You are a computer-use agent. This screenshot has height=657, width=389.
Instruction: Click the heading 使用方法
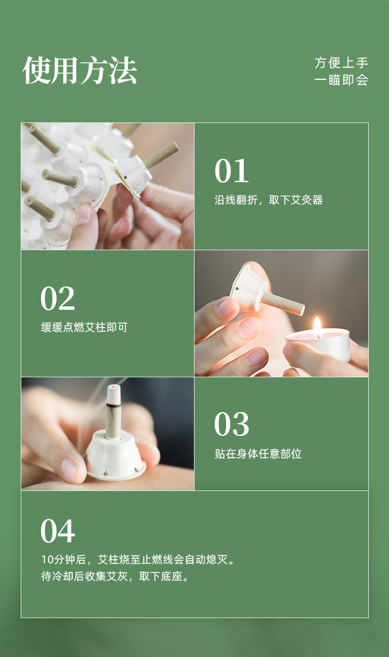79,71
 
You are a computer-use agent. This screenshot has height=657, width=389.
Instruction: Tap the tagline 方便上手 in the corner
341,63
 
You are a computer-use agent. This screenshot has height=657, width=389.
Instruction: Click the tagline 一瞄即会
341,80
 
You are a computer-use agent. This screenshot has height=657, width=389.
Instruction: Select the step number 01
231,171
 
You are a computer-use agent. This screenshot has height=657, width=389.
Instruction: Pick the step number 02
58,298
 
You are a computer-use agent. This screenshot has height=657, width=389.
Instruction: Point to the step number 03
231,424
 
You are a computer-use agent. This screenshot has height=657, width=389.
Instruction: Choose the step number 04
58,531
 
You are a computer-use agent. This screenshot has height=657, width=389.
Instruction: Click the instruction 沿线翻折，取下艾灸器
269,200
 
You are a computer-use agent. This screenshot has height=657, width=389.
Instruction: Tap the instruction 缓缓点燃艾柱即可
84,327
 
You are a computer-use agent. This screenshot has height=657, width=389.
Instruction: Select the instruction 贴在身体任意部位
258,454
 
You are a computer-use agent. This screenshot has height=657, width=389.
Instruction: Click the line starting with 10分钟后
138,559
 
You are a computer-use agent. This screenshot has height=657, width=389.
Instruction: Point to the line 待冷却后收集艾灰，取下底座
115,577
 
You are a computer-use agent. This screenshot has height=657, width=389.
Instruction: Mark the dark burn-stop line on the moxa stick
114,405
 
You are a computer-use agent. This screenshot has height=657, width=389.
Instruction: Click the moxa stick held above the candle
283,303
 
